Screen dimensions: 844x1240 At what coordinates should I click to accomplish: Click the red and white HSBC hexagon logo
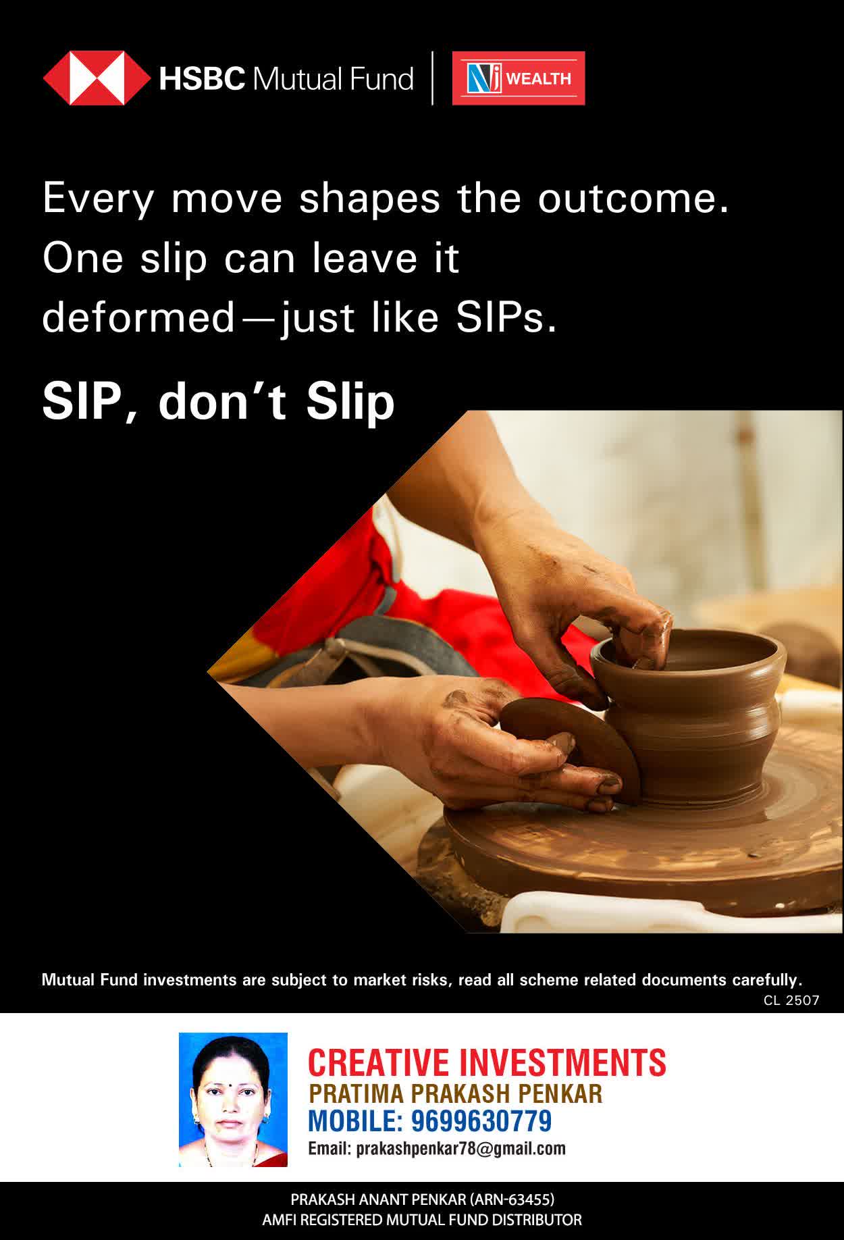pyautogui.click(x=97, y=78)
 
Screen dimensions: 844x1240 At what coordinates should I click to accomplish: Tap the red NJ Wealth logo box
pyautogui.click(x=519, y=78)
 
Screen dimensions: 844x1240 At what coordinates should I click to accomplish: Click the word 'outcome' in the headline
pyautogui.click(x=633, y=199)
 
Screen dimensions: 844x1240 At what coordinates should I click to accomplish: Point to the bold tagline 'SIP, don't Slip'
pyautogui.click(x=218, y=402)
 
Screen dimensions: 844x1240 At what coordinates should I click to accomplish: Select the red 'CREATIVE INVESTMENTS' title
pyautogui.click(x=487, y=1062)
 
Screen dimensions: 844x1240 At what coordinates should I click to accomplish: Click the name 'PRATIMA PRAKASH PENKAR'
pyautogui.click(x=455, y=1093)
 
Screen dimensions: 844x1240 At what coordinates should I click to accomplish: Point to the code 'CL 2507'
pyautogui.click(x=791, y=1000)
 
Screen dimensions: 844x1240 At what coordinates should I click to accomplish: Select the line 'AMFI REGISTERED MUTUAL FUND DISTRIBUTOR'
pyautogui.click(x=422, y=1220)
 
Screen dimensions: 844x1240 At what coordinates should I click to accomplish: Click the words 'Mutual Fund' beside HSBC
pyautogui.click(x=332, y=79)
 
